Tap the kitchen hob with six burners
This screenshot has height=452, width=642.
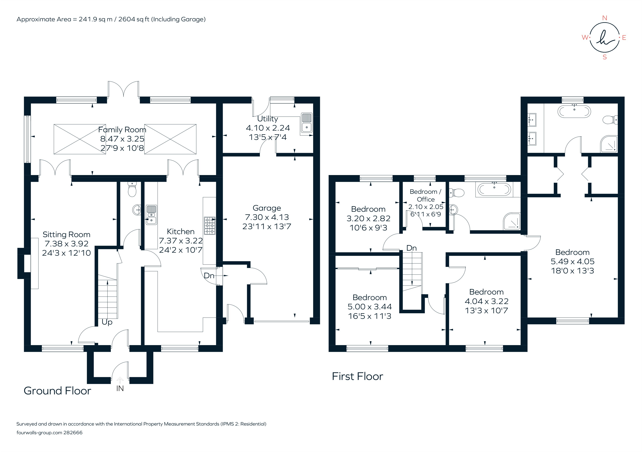coord(209,226)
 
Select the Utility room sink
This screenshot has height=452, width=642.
coord(306,123)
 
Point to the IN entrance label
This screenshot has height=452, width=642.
coord(120,388)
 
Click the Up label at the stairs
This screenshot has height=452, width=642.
coord(107,322)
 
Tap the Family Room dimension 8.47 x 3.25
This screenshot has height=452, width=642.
coord(122,139)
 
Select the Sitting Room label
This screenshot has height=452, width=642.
coord(66,234)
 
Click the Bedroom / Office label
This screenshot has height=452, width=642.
coord(425,195)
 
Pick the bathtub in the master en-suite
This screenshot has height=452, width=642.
coord(574,112)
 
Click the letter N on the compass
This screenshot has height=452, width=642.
coord(605,18)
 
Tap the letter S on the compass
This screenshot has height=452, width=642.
coord(605,57)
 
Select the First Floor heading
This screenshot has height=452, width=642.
coord(357,376)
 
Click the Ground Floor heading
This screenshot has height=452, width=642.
coord(57,391)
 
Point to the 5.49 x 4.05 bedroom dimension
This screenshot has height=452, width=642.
coord(572,262)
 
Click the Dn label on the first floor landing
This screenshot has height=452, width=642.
coord(411,248)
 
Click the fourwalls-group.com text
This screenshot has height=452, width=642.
coord(39,433)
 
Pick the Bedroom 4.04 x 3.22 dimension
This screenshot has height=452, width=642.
coord(486,301)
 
